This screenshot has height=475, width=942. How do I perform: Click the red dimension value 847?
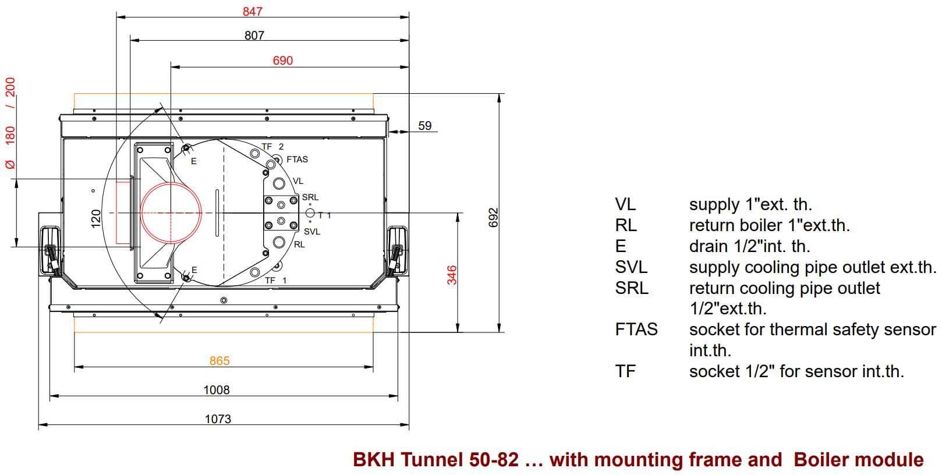252,11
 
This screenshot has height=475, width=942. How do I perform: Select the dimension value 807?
254,36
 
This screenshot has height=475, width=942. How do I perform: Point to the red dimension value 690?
282,61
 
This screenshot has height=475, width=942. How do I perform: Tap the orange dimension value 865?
219,361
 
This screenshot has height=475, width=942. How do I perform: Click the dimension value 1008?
217,390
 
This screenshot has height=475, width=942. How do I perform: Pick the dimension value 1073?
218,419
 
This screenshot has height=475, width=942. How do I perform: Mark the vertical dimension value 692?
493,217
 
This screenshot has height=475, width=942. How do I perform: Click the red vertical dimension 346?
452,275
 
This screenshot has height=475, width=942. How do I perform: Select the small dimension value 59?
425,126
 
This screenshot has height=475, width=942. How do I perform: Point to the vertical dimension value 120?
96,219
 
